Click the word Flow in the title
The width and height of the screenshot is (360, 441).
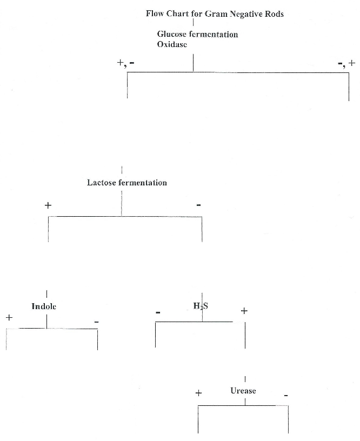click(155, 14)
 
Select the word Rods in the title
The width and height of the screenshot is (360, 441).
click(275, 14)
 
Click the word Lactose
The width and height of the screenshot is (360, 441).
click(102, 183)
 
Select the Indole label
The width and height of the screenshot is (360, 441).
click(44, 306)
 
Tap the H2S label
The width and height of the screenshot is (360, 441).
click(201, 306)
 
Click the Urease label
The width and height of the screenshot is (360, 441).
click(243, 390)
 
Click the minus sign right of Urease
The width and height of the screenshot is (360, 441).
click(286, 396)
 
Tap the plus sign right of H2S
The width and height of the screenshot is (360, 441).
click(244, 311)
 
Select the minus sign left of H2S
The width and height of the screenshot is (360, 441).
click(158, 312)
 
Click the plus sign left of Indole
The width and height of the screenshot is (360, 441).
click(9, 318)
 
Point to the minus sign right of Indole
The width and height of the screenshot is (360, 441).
click(96, 322)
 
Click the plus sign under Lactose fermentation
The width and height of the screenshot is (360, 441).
click(48, 205)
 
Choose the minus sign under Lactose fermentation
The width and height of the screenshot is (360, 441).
click(199, 205)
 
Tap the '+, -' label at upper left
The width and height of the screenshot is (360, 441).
click(126, 63)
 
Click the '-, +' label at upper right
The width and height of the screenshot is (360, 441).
click(346, 63)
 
